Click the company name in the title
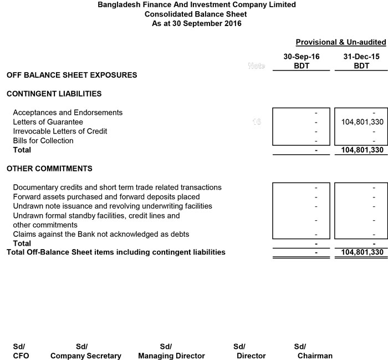click(x=196, y=5)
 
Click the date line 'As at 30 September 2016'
click(x=196, y=24)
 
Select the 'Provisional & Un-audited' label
click(x=340, y=42)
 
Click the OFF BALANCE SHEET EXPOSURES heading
click(x=72, y=75)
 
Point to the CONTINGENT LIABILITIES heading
click(x=54, y=94)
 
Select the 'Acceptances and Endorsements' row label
click(x=68, y=113)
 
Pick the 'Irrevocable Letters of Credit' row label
click(x=60, y=131)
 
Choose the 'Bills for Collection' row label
click(x=43, y=141)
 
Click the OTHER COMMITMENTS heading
click(x=49, y=169)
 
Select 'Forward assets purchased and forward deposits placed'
click(x=106, y=197)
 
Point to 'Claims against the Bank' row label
click(x=101, y=235)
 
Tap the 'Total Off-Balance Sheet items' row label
click(x=116, y=252)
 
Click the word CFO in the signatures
click(x=21, y=356)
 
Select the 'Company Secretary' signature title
click(x=85, y=356)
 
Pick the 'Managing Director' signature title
click(x=171, y=356)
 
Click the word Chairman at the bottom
click(x=315, y=356)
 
